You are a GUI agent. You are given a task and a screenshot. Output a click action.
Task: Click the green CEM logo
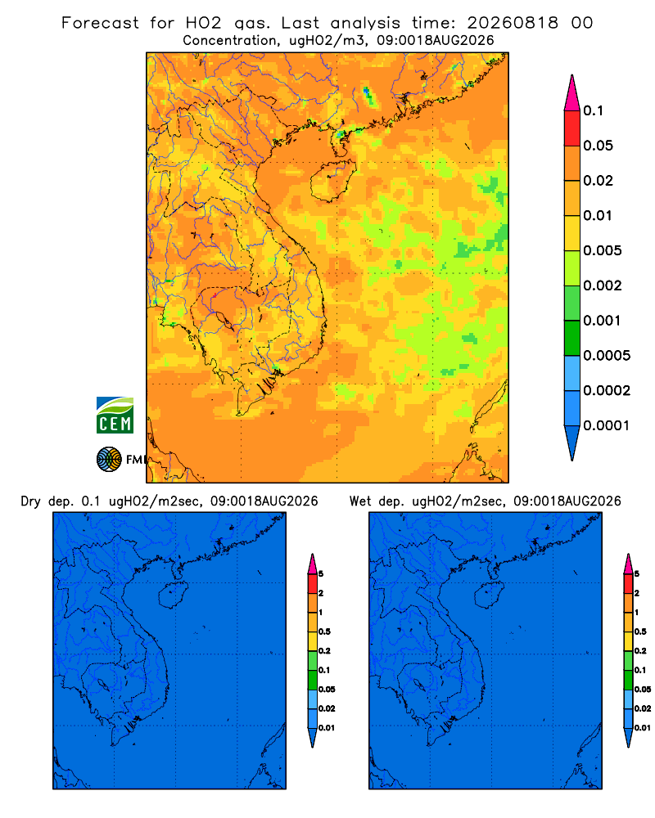(x=115, y=415)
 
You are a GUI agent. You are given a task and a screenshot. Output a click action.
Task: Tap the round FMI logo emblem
(x=109, y=459)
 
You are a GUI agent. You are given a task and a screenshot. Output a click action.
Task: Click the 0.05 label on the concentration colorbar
(x=598, y=146)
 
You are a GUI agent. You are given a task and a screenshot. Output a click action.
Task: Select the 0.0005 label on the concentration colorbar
(x=607, y=355)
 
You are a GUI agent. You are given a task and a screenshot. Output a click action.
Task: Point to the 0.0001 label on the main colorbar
(x=607, y=425)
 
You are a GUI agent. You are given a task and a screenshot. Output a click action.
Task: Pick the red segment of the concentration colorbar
(x=572, y=128)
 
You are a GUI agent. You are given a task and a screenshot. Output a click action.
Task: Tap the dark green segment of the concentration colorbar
(x=572, y=338)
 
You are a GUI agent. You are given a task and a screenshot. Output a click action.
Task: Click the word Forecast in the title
(x=100, y=23)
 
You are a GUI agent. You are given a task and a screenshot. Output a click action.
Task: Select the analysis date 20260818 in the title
(x=513, y=23)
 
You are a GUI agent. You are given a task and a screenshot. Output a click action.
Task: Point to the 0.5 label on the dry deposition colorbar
(x=324, y=631)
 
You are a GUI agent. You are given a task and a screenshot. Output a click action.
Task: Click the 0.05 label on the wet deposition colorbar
(x=643, y=689)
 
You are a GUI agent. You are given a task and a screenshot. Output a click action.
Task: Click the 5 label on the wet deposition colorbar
(x=637, y=574)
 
